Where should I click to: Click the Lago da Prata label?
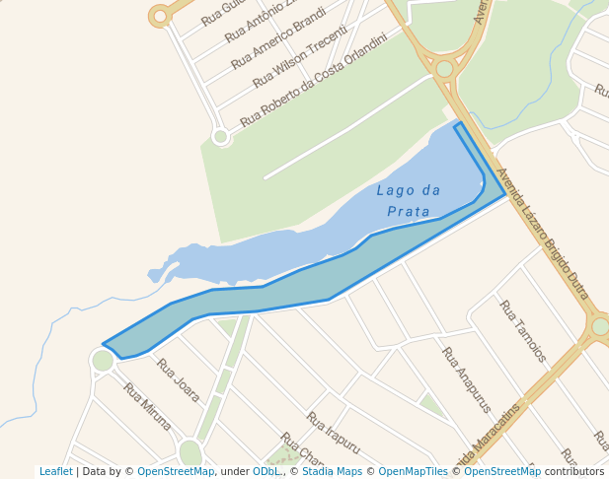[409, 200]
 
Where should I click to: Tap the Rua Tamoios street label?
[522, 331]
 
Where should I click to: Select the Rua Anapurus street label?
[466, 378]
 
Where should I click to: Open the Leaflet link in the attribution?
[55, 471]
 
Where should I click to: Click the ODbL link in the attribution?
[266, 471]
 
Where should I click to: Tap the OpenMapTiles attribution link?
[413, 471]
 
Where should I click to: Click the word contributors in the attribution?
[573, 471]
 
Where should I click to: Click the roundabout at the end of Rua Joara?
[103, 360]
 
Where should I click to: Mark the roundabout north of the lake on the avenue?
[444, 68]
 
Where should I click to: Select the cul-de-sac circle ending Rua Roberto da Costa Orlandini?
[221, 136]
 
